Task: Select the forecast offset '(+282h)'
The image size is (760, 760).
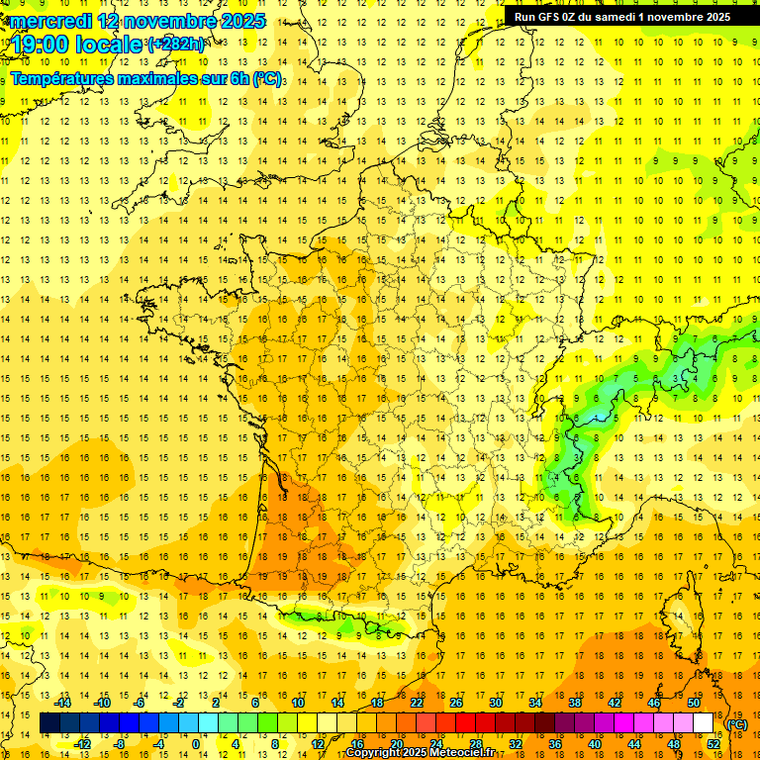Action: coord(176,44)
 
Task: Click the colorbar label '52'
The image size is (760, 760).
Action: coord(713,743)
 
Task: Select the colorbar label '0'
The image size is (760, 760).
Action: coord(196,743)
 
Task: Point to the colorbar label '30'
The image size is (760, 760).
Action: coord(496,703)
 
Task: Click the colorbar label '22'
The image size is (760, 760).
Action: coord(417,703)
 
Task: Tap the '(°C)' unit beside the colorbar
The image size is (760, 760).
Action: coord(736,724)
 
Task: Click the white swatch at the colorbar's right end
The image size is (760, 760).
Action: coord(704,723)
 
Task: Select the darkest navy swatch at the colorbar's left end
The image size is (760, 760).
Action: coord(49,723)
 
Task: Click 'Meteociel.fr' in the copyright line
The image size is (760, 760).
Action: coord(465,753)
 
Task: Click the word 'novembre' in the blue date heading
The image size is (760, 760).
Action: coord(165,20)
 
